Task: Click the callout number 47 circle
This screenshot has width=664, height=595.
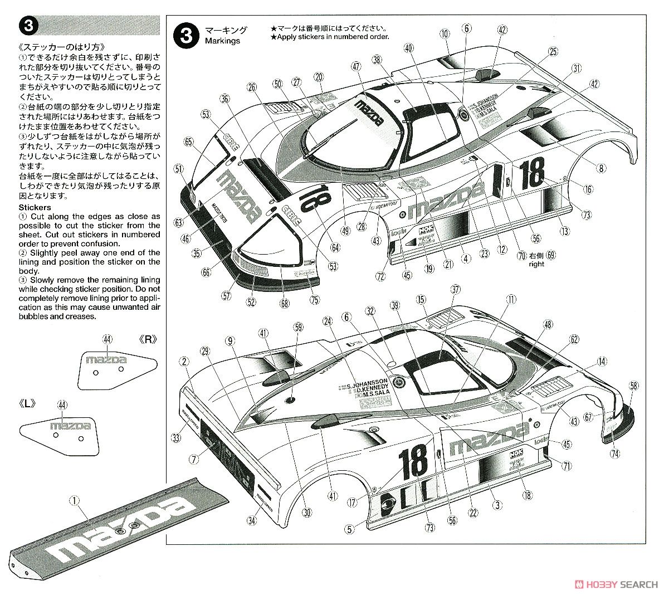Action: (357, 66)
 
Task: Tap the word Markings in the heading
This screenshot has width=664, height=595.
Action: (222, 41)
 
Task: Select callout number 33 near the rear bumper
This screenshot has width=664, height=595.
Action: (176, 438)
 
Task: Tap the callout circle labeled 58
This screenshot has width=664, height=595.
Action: (633, 386)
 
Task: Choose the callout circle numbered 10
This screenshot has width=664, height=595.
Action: (444, 34)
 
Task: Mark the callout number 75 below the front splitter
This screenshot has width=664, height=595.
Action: (315, 300)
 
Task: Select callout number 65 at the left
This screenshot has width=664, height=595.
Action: (188, 142)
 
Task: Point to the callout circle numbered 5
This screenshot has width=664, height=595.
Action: (349, 529)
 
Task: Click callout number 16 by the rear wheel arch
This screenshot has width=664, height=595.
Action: (588, 189)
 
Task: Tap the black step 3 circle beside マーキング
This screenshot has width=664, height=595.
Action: (185, 35)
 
